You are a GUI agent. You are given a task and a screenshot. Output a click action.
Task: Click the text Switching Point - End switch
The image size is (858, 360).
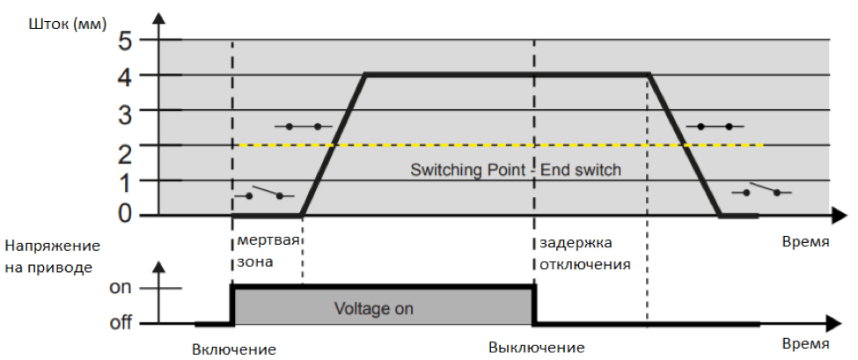(x=516, y=170)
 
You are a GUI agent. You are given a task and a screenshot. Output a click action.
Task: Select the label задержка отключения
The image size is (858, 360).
(x=584, y=252)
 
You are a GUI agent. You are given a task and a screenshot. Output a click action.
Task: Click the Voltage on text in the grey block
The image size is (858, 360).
(x=373, y=309)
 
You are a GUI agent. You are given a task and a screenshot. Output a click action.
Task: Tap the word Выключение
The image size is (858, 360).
(x=537, y=349)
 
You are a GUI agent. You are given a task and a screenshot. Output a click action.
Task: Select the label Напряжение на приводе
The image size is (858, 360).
(x=53, y=255)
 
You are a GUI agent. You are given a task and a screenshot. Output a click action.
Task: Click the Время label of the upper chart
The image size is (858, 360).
(x=803, y=240)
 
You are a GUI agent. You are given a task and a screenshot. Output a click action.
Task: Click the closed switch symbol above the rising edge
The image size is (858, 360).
(x=304, y=127)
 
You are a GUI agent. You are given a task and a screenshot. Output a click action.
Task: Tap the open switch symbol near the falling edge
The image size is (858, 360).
(x=762, y=190)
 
